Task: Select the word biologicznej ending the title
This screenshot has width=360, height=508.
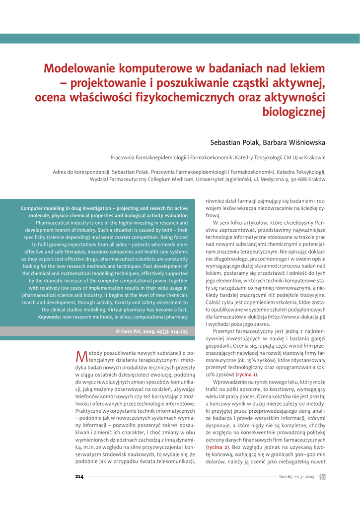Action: pyautogui.click(x=293, y=112)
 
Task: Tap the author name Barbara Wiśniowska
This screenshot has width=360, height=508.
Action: pyautogui.click(x=297, y=143)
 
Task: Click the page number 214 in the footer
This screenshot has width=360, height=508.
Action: pyautogui.click(x=79, y=477)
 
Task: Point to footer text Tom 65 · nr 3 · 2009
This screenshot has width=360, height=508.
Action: pyautogui.click(x=296, y=477)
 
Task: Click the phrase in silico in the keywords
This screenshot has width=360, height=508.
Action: pyautogui.click(x=129, y=317)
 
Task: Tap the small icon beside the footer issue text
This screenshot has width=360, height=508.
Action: pyautogui.click(x=322, y=477)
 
